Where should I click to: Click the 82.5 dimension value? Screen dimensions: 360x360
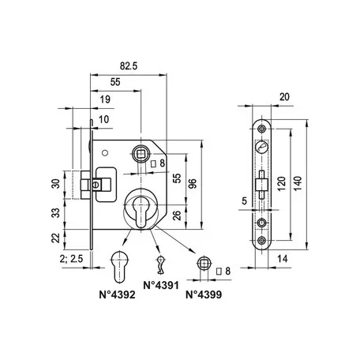point(129,66)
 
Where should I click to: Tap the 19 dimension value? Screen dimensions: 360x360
point(105,99)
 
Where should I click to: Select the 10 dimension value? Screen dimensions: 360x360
point(103,119)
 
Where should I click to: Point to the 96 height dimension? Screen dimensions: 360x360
point(193,183)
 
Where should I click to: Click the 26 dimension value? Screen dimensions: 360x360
point(178,216)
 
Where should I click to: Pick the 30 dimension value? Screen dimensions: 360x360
point(56,184)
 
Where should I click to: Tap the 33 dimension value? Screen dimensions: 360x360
point(56,212)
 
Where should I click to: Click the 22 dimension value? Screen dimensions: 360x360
point(56,238)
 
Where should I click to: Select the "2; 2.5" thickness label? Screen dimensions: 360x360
point(71,259)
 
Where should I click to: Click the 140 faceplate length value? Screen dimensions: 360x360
point(298,183)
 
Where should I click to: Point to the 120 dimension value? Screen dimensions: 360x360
point(281,183)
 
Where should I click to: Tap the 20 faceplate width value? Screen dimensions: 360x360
point(284,97)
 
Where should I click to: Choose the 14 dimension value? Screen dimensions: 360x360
point(283,259)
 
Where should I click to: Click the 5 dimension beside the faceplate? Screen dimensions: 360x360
point(245,201)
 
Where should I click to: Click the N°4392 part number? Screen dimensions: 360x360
point(117,294)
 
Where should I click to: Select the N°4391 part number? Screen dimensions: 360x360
point(161,285)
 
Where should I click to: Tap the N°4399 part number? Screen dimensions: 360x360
point(204,294)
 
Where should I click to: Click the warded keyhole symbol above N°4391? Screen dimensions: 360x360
point(159,264)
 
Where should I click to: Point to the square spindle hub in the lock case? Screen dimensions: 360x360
point(141,154)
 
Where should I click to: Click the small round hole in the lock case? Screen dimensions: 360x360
point(105,153)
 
